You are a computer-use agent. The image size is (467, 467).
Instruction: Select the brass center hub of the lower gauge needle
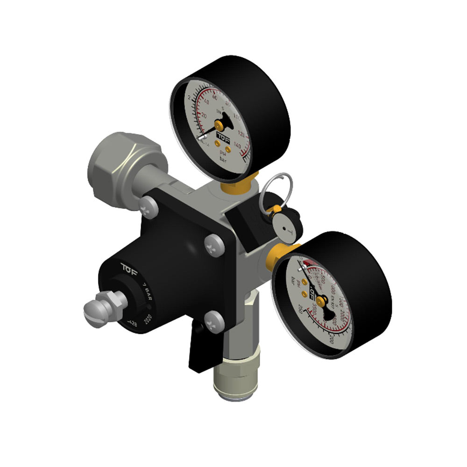(321, 298)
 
